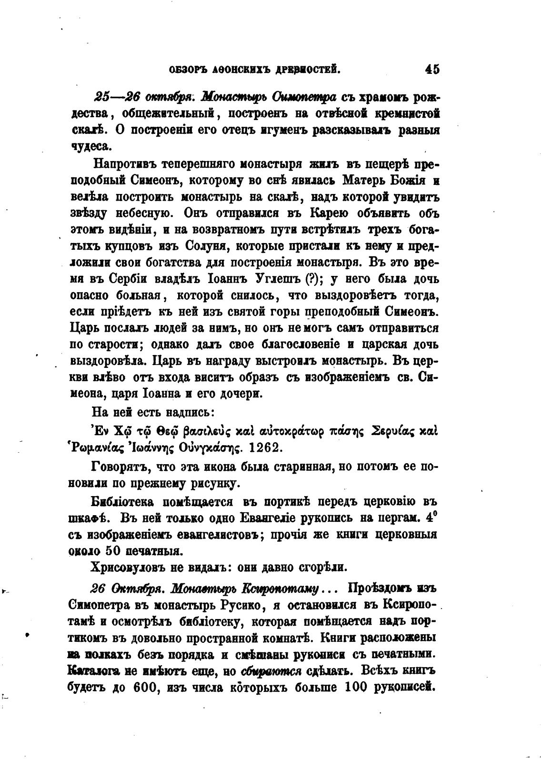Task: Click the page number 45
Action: point(432,70)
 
